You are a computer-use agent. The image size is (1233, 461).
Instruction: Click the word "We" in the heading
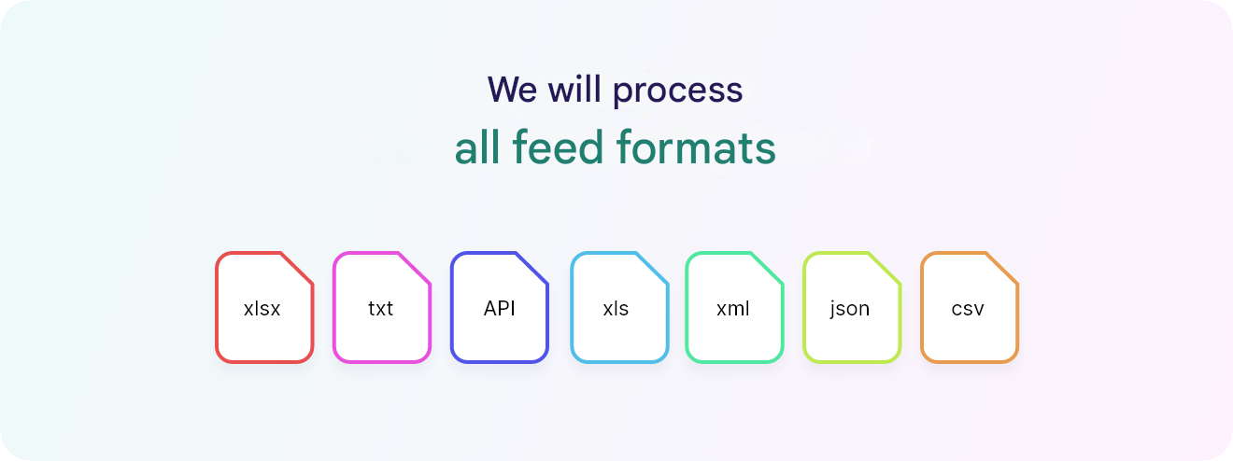click(512, 90)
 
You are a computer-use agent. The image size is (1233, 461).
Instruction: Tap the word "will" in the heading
click(574, 89)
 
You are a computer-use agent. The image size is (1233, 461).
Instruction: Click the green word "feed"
click(558, 147)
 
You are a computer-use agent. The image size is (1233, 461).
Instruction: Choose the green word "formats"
click(696, 147)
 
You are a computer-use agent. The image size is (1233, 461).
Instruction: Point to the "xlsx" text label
click(262, 309)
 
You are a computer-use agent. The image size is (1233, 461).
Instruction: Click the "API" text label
click(499, 308)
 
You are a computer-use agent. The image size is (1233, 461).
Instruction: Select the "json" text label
click(850, 310)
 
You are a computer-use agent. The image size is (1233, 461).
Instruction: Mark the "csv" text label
click(968, 309)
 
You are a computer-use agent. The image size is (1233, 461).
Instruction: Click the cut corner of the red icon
click(297, 269)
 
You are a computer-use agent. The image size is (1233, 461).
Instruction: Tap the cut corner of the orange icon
click(1002, 269)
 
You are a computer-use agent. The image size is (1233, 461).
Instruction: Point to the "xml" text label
click(732, 309)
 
